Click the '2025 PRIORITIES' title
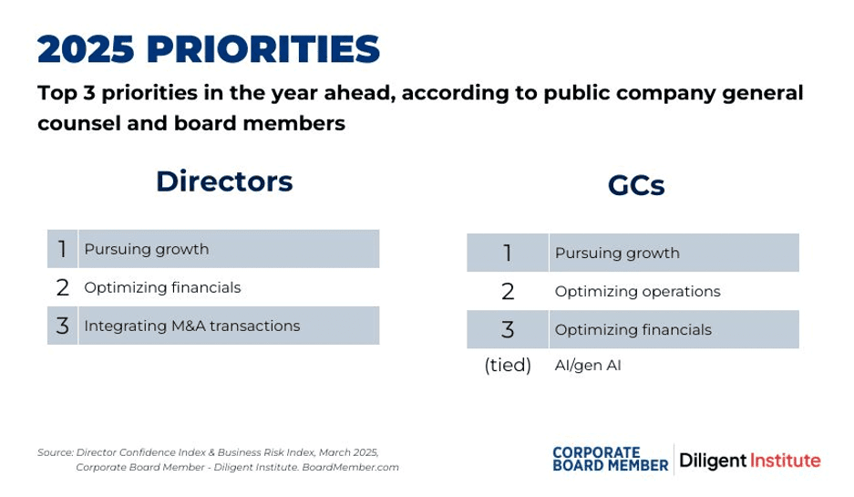pos(209,49)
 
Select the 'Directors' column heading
pos(224,181)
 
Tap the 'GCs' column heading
pos(636,186)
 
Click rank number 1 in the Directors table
pos(63,249)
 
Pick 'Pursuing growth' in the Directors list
pos(147,250)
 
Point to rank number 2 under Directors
pos(63,288)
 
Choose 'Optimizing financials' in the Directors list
pos(162,288)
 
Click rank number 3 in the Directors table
pos(63,326)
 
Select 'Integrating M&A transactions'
pos(192,326)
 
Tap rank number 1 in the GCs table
pos(508,253)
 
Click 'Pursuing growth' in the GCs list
pos(618,254)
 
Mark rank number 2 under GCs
pos(508,292)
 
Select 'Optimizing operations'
pos(638,292)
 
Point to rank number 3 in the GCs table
pos(508,330)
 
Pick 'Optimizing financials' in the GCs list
pos(633,330)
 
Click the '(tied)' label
pos(508,365)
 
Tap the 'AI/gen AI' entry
pos(588,365)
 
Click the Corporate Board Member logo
pos(611,460)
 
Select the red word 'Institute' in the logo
pos(786,461)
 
